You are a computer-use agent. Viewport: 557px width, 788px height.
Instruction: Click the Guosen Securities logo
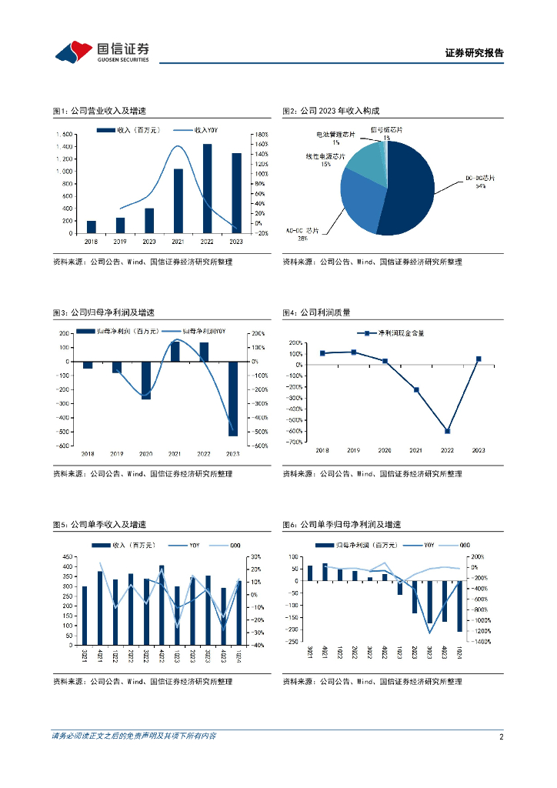click(102, 51)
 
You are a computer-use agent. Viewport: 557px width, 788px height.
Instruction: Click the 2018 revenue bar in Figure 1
click(92, 227)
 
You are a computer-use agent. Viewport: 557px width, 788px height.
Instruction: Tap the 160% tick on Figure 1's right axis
click(261, 144)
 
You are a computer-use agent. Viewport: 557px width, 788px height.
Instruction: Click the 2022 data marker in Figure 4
click(447, 431)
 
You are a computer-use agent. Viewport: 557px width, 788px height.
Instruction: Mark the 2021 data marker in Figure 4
click(416, 390)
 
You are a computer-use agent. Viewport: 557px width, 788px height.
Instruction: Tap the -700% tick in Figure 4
click(295, 442)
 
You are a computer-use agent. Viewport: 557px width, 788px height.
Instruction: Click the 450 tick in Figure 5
click(68, 556)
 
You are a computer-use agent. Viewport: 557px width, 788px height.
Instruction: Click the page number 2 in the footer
click(501, 736)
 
